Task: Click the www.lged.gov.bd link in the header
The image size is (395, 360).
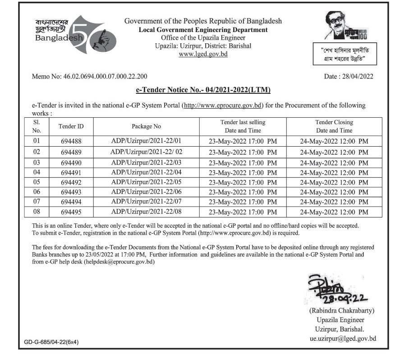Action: pos(203,54)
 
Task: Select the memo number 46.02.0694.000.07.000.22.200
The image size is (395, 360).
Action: pos(89,77)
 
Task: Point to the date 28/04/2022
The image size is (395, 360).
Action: pos(349,77)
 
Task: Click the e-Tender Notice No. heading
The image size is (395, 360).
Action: pos(203,90)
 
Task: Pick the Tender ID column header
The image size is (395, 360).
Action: pos(71,126)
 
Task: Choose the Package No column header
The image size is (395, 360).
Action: pos(146,126)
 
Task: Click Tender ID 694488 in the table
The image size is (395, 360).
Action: pos(71,141)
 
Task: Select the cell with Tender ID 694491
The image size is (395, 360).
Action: pos(71,172)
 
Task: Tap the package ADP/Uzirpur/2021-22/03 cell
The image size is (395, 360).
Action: pos(146,162)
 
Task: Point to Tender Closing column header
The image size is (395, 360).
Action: pos(334,126)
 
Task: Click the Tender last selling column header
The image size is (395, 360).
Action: pos(243,126)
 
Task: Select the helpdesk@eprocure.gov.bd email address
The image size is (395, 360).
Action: pos(119,262)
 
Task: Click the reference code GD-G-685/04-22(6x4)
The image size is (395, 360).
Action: pos(51,342)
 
